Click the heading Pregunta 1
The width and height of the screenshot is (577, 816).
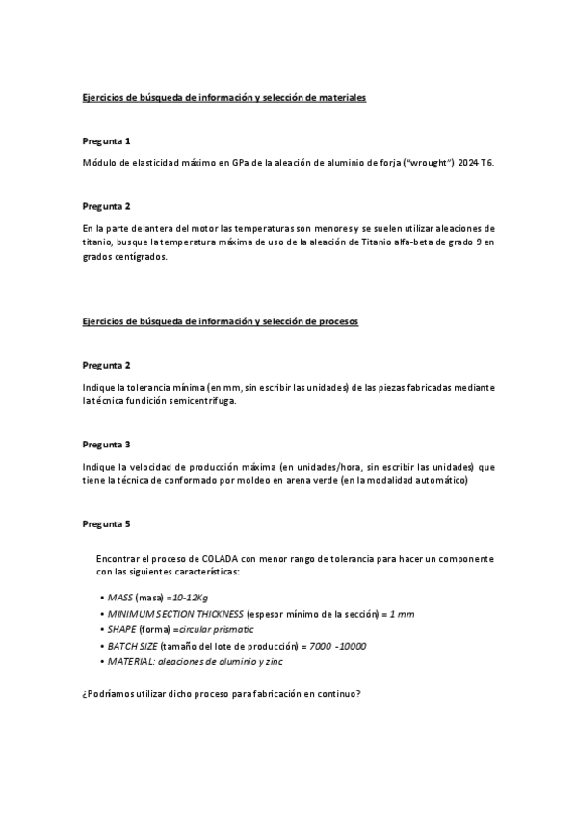coord(106,140)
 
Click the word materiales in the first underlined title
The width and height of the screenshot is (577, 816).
coord(339,98)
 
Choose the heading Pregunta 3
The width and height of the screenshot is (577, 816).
coord(106,445)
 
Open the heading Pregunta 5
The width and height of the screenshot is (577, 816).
coord(106,524)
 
